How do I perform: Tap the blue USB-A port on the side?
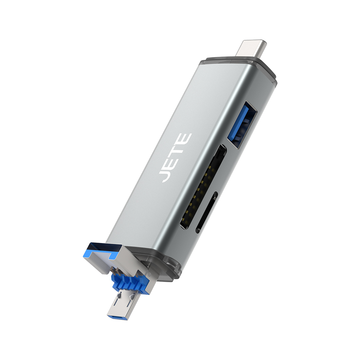[x=242, y=124]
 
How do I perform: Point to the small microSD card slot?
[x=207, y=212]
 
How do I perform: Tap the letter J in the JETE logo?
[x=166, y=176]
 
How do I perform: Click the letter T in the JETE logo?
[x=179, y=151]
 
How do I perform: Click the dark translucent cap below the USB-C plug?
[x=240, y=63]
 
